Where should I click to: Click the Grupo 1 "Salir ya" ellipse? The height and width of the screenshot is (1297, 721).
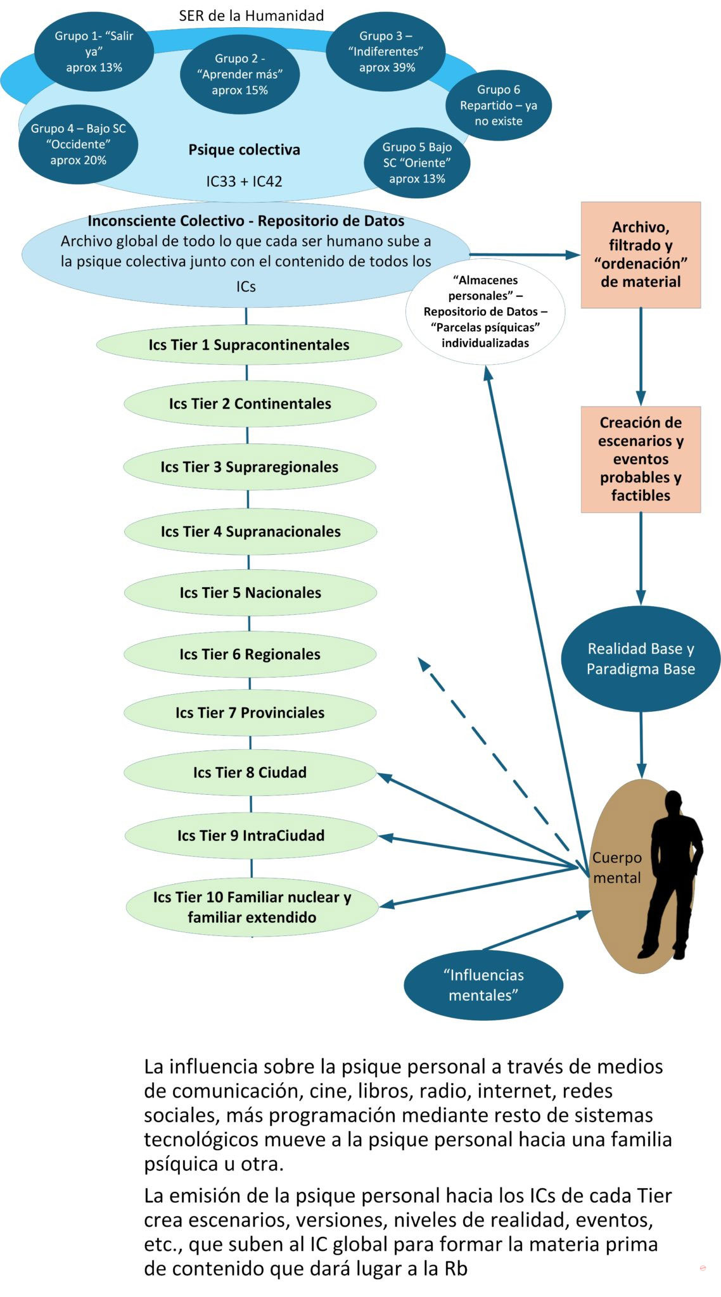[x=94, y=52]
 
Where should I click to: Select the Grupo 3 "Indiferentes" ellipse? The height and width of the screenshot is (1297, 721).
[x=386, y=52]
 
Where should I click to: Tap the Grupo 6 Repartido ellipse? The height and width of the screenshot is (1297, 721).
[x=498, y=105]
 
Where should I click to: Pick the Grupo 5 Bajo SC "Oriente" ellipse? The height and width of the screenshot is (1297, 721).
[x=417, y=163]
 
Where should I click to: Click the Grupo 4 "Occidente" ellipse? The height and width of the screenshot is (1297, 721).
[x=78, y=144]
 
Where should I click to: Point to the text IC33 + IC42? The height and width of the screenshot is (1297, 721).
[x=244, y=182]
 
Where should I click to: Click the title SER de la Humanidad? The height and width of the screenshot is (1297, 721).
[x=251, y=16]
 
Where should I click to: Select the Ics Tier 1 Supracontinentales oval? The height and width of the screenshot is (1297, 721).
[x=249, y=345]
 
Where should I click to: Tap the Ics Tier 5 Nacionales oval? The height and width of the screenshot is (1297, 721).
[x=250, y=593]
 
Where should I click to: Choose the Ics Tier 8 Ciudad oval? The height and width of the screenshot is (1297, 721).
[x=250, y=773]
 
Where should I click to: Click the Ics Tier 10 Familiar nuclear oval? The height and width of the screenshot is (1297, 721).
[x=252, y=907]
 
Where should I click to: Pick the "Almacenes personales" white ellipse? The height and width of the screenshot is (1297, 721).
[x=485, y=312]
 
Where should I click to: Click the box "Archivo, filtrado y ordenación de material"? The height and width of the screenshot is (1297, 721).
[x=641, y=255]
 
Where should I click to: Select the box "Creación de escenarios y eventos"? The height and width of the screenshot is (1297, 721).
[x=641, y=459]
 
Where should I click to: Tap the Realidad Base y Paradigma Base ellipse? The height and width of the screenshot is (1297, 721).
[x=641, y=659]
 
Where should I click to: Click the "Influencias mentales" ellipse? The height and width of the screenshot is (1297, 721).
[x=483, y=985]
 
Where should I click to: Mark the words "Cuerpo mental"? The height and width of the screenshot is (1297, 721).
[x=616, y=868]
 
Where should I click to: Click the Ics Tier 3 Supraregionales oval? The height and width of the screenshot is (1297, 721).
[x=249, y=467]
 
